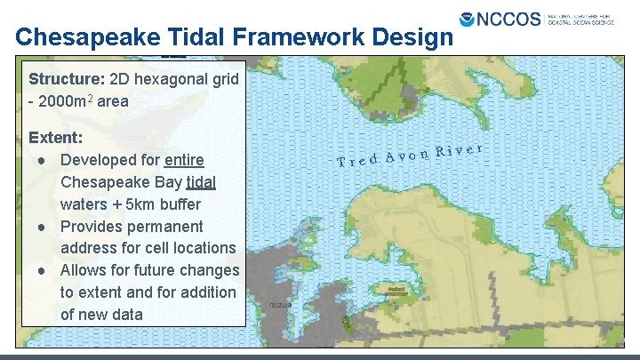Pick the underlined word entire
[185, 160]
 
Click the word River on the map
[460, 150]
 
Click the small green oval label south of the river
[397, 291]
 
